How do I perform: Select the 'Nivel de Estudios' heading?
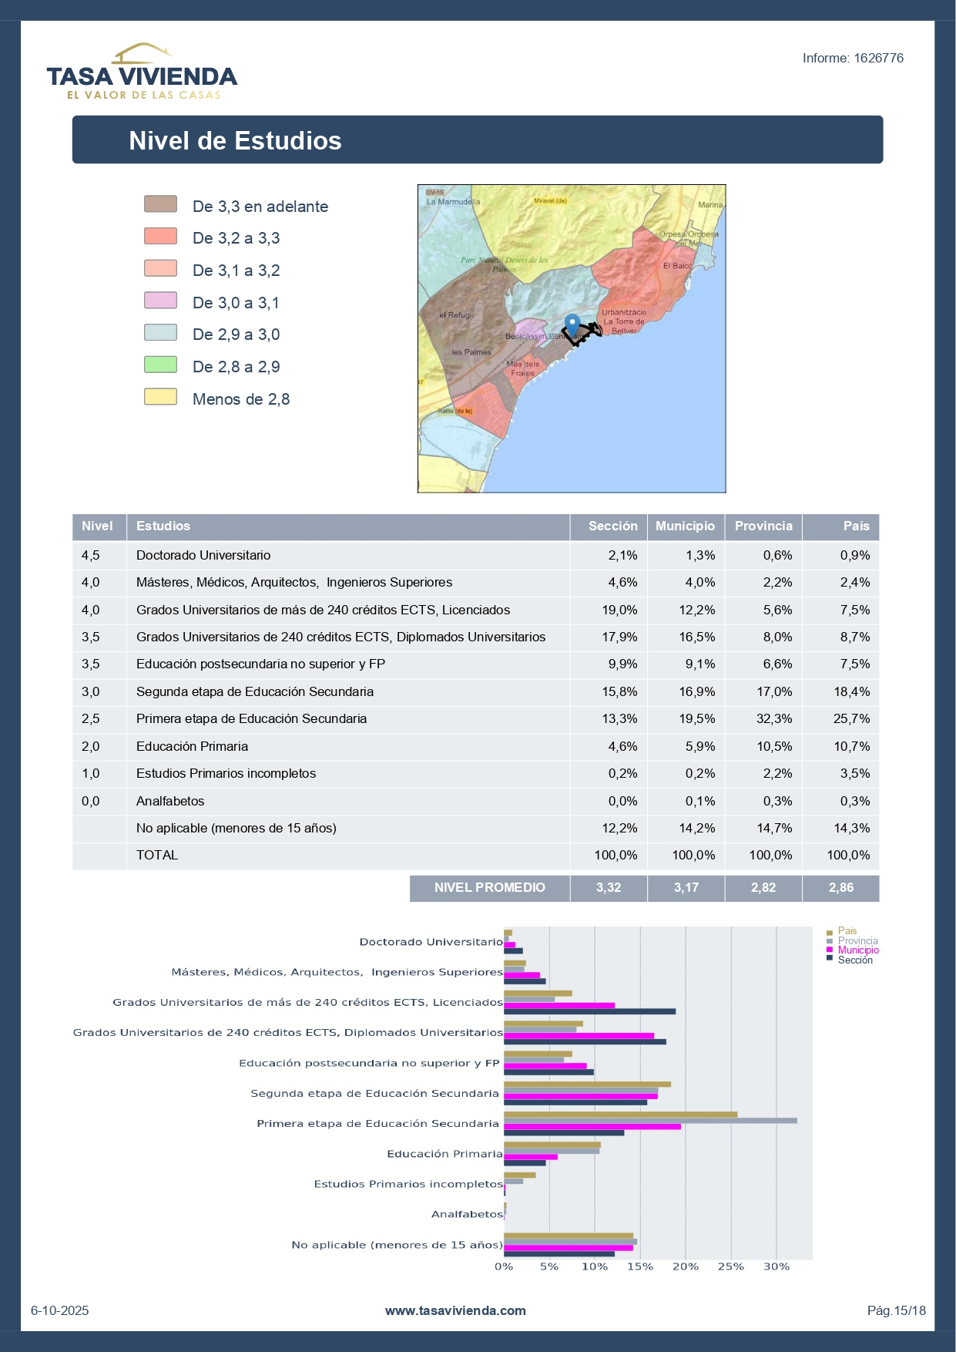coord(235,141)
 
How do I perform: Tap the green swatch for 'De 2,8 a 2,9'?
coord(160,365)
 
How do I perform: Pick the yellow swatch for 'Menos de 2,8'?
coord(160,397)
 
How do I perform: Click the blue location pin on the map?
coord(572,325)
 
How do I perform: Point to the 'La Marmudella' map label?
coord(453,202)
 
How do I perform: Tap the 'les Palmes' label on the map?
coord(471,352)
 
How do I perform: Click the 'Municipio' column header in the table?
coord(685,526)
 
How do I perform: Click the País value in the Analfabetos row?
coord(854,802)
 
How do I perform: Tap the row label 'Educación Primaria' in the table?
coord(192,747)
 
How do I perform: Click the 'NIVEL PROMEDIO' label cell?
coord(489,888)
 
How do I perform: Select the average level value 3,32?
coord(609,888)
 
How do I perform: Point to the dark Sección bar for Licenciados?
coord(589,1011)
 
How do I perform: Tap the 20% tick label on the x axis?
coord(685,1266)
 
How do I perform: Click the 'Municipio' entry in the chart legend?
coord(857,950)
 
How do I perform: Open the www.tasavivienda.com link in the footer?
coord(455,1310)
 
